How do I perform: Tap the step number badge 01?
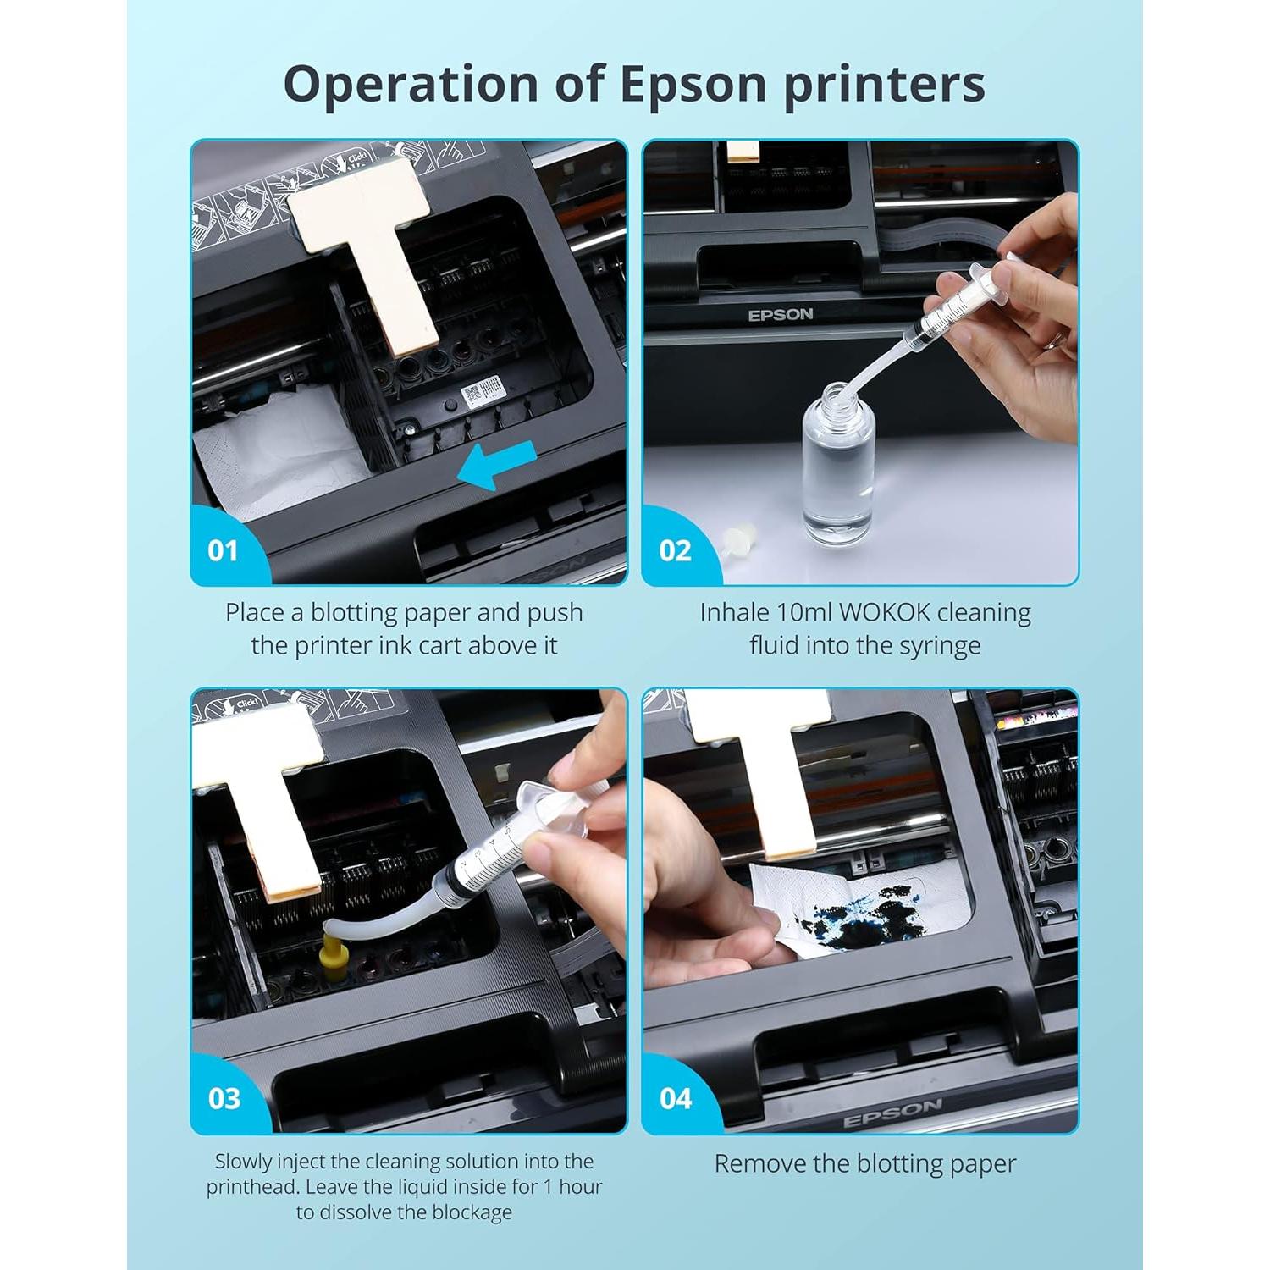[x=223, y=551]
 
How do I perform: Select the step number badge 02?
[x=675, y=551]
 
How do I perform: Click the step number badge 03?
[x=224, y=1099]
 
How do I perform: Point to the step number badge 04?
[x=676, y=1099]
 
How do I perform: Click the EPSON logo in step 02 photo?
[x=780, y=315]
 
